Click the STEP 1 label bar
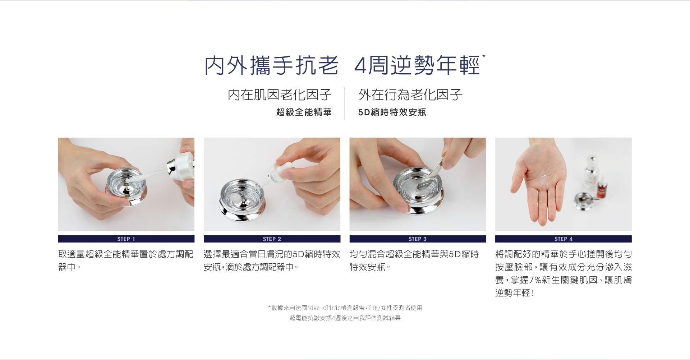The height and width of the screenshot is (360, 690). pyautogui.click(x=126, y=239)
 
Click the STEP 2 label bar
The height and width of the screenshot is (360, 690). pyautogui.click(x=272, y=239)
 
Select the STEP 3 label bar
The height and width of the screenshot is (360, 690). pyautogui.click(x=418, y=239)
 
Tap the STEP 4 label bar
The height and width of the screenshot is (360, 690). pyautogui.click(x=563, y=239)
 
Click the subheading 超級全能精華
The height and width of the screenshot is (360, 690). pyautogui.click(x=304, y=112)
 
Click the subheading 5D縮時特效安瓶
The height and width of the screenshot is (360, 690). pyautogui.click(x=392, y=112)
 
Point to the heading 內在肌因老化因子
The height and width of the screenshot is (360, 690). pyautogui.click(x=280, y=95)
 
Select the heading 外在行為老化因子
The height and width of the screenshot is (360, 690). pyautogui.click(x=410, y=95)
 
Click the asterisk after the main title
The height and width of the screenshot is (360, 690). pyautogui.click(x=484, y=56)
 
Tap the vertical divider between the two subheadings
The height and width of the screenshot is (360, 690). pyautogui.click(x=345, y=103)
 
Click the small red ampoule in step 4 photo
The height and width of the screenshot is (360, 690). pyautogui.click(x=602, y=188)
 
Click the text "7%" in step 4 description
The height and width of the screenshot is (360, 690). pyautogui.click(x=535, y=280)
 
